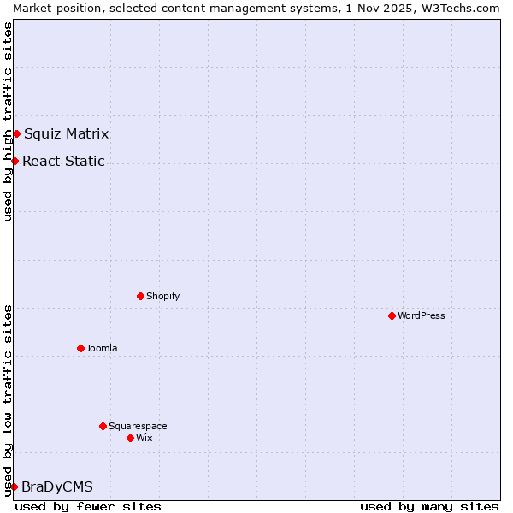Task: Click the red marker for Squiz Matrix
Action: click(16, 133)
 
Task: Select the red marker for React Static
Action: click(15, 161)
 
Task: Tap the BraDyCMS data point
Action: click(14, 486)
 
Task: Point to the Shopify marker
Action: click(140, 296)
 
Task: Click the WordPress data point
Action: click(392, 315)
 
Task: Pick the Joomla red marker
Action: click(80, 348)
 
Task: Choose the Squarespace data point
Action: click(103, 426)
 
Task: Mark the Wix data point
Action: click(130, 438)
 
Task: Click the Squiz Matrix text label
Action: click(66, 133)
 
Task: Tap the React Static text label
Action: click(63, 161)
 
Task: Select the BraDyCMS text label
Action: click(56, 486)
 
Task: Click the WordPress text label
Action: click(422, 315)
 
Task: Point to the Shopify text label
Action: click(162, 296)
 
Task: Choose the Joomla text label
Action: click(102, 348)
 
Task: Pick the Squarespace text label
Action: click(138, 426)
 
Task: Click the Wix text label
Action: click(144, 438)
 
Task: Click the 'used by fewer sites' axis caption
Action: click(88, 506)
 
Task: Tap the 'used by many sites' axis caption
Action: click(429, 506)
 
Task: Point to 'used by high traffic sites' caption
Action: click(8, 121)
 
